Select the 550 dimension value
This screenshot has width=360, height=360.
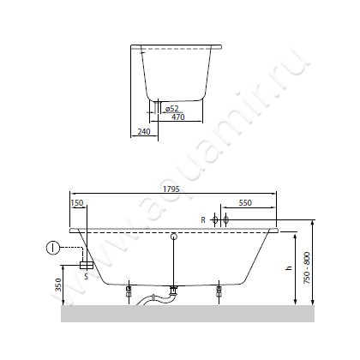tap(245, 202)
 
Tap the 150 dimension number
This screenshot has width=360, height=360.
tap(78, 202)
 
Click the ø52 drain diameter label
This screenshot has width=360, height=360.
tap(172, 108)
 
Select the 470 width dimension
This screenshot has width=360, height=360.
tap(178, 117)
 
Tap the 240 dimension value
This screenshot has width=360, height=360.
tap(143, 132)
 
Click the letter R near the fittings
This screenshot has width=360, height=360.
tap(203, 220)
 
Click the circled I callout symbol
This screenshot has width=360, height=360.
tap(52, 249)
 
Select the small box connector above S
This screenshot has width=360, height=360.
tap(86, 266)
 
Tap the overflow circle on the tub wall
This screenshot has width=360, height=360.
tap(173, 237)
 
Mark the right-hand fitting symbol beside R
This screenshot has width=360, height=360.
tap(225, 220)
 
